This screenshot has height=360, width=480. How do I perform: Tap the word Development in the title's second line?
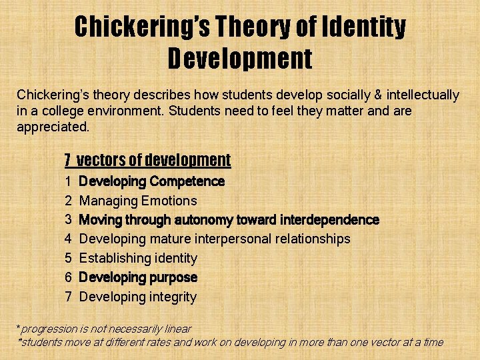(240, 59)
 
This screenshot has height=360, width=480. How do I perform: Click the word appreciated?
(52, 126)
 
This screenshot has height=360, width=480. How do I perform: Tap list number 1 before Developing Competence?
(69, 181)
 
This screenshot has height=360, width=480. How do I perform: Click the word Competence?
(187, 181)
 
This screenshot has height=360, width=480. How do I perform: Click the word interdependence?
(329, 220)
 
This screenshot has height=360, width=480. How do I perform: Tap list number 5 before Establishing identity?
(69, 258)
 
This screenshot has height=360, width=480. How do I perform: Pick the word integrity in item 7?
(173, 297)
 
